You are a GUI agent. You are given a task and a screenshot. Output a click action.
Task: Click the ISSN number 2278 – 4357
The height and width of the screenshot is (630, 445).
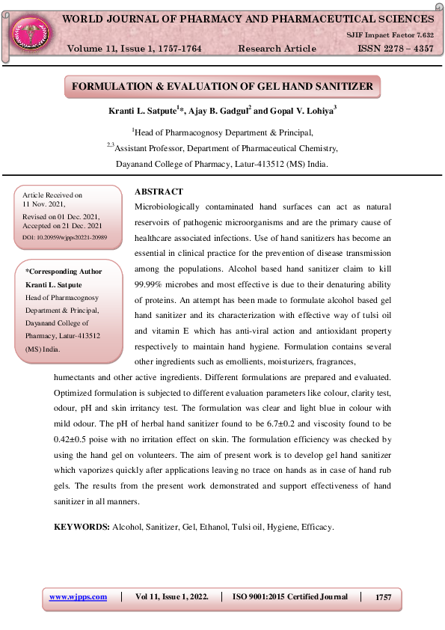coord(391,49)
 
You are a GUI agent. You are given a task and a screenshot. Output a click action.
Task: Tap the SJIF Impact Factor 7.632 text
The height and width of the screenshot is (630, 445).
coord(389,34)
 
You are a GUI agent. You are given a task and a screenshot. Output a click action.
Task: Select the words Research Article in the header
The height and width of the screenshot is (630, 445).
coord(277,49)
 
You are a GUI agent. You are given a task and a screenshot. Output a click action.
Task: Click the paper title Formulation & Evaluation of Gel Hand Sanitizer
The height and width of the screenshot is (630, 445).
coord(222,87)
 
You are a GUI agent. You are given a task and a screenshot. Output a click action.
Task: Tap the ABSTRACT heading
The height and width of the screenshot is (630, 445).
coord(158,192)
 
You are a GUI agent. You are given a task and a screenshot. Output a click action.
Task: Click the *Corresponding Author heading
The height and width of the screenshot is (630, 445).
coord(64,272)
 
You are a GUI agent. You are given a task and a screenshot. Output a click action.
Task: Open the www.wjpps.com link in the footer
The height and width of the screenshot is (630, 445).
coord(78,596)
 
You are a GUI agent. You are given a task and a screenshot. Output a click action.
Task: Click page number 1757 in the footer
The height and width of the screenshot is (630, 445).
coord(383,596)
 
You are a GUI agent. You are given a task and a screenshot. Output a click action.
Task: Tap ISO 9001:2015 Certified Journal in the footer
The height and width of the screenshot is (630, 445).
coord(290,596)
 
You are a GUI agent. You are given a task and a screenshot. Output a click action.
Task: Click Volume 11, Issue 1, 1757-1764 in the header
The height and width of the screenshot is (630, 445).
coord(135,49)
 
